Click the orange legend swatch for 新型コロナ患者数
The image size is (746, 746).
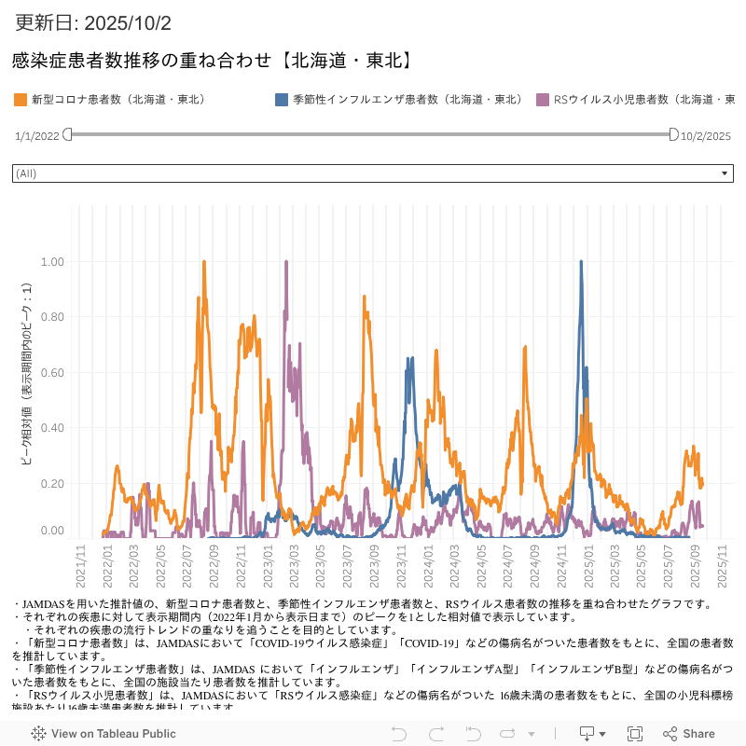pos(21,99)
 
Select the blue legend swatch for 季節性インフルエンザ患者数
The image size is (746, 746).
pos(282,99)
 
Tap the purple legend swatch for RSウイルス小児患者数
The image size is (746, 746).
pos(543,99)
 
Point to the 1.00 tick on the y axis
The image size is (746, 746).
pos(52,262)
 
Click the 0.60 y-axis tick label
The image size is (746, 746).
pos(52,373)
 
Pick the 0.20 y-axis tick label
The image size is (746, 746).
pos(52,483)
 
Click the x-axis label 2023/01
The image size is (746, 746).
pos(269,565)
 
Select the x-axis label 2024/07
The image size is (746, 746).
pos(509,565)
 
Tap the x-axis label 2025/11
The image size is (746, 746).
pos(723,565)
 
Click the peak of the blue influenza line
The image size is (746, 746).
pos(581,262)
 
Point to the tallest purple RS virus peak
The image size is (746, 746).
pos(285,262)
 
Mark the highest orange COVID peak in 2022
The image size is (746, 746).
pos(203,262)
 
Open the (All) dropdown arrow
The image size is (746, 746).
pos(725,173)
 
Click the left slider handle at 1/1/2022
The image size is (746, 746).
pos(67,135)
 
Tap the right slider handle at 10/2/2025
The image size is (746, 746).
pos(674,135)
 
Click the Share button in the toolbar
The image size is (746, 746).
pos(689,734)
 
